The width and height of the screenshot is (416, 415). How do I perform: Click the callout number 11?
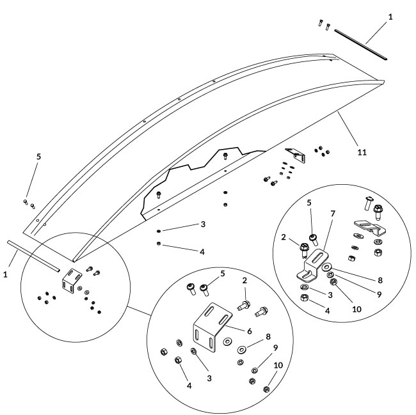pos(362,153)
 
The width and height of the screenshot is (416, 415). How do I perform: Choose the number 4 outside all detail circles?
pos(202,252)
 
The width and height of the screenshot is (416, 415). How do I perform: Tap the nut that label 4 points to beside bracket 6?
pos(179,363)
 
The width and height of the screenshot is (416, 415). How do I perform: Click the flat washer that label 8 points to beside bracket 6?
pos(242,350)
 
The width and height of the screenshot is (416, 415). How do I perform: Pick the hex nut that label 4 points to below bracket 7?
pos(304,298)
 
